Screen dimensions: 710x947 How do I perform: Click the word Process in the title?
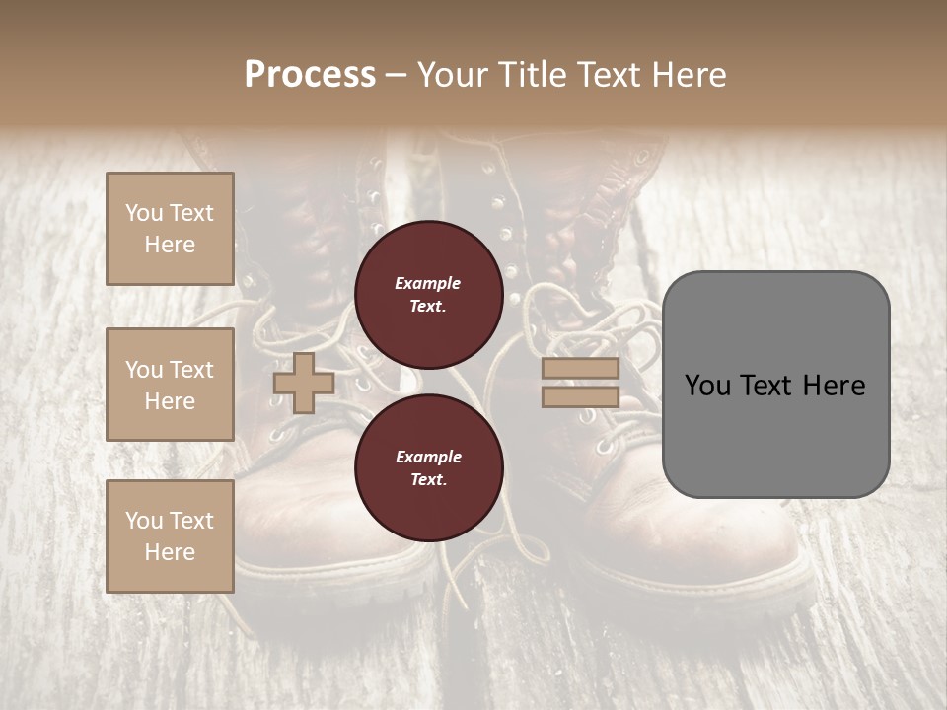(310, 75)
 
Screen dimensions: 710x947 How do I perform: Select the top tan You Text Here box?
(170, 229)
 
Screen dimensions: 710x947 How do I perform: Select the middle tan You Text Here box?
(170, 385)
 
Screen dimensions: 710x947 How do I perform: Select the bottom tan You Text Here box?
(170, 536)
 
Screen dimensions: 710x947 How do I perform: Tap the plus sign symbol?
(304, 383)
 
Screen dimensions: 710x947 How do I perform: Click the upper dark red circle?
(429, 295)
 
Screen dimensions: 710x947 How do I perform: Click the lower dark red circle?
(429, 468)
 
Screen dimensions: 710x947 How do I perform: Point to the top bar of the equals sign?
(580, 369)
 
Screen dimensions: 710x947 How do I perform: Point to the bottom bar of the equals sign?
(580, 396)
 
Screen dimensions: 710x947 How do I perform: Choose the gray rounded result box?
(775, 385)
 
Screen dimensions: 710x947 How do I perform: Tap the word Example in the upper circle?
(428, 283)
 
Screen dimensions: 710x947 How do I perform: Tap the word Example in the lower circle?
(428, 457)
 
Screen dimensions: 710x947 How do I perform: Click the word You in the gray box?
(707, 386)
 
